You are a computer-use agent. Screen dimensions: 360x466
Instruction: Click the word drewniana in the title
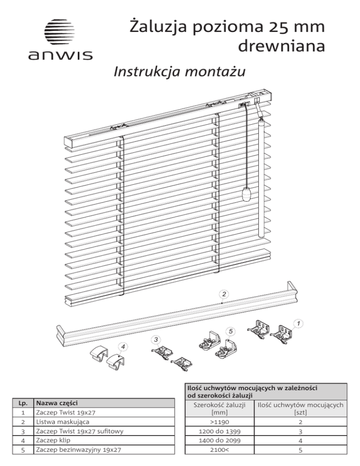(281, 46)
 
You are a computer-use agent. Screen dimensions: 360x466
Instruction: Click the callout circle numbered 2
(225, 294)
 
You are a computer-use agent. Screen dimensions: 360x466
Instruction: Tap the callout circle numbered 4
(122, 346)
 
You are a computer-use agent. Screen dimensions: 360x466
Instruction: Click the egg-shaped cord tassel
(247, 193)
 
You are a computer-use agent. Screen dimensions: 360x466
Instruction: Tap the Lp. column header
(22, 402)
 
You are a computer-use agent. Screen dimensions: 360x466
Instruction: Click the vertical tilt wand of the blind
(262, 178)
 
